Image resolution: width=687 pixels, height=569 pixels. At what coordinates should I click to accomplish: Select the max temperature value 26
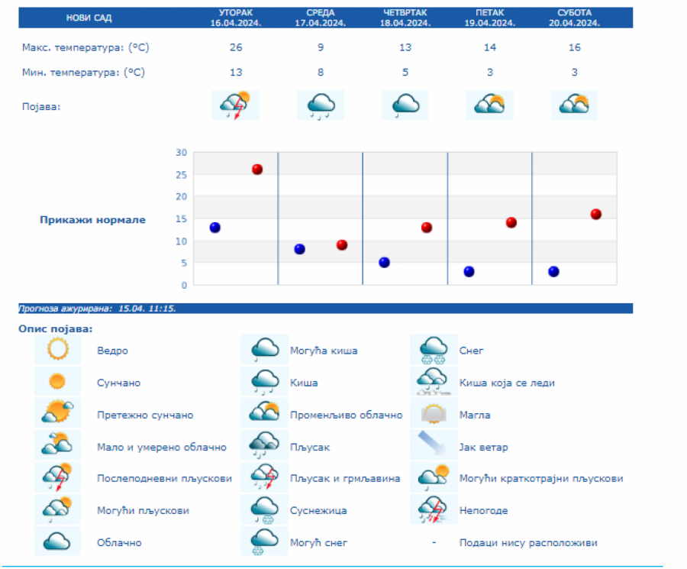tap(236, 47)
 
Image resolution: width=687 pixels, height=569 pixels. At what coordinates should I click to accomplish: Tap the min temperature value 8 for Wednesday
tap(321, 73)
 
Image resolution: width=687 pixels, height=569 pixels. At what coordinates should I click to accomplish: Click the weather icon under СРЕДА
tap(321, 105)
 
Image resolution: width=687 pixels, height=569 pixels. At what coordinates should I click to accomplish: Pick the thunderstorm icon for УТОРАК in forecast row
tap(236, 105)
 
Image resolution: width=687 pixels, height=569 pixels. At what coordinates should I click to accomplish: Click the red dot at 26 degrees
tap(257, 170)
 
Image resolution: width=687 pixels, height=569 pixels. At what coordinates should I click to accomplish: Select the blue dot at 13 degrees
tap(215, 228)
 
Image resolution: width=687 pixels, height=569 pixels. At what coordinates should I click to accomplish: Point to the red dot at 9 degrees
tap(342, 245)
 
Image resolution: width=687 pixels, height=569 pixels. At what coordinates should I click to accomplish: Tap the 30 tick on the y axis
tap(181, 152)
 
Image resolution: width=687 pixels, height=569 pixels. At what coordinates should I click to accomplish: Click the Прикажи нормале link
tap(92, 220)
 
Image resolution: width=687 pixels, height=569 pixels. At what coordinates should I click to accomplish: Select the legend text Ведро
tap(112, 351)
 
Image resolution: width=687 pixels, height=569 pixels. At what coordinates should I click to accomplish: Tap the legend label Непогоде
tap(483, 510)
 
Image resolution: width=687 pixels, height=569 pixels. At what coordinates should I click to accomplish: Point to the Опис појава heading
tap(55, 328)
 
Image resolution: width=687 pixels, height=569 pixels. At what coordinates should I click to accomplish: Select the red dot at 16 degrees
tap(595, 214)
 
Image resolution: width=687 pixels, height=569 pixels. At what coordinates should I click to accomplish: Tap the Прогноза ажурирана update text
tap(98, 309)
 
